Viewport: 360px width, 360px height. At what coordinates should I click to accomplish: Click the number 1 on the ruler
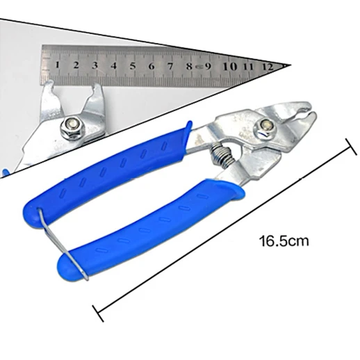[57, 65]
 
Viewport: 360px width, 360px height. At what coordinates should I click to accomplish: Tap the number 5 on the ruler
[133, 66]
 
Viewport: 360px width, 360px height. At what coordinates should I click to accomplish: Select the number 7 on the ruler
[170, 66]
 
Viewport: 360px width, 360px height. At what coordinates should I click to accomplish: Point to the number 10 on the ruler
[229, 67]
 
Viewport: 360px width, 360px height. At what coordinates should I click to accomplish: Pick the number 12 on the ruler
[268, 67]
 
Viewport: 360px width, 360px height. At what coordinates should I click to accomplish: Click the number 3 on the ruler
[95, 65]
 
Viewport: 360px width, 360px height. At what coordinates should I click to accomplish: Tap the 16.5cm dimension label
[284, 241]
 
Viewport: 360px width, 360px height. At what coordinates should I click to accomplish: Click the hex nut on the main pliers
[264, 128]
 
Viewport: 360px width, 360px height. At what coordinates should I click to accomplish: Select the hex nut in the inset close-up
[72, 128]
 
